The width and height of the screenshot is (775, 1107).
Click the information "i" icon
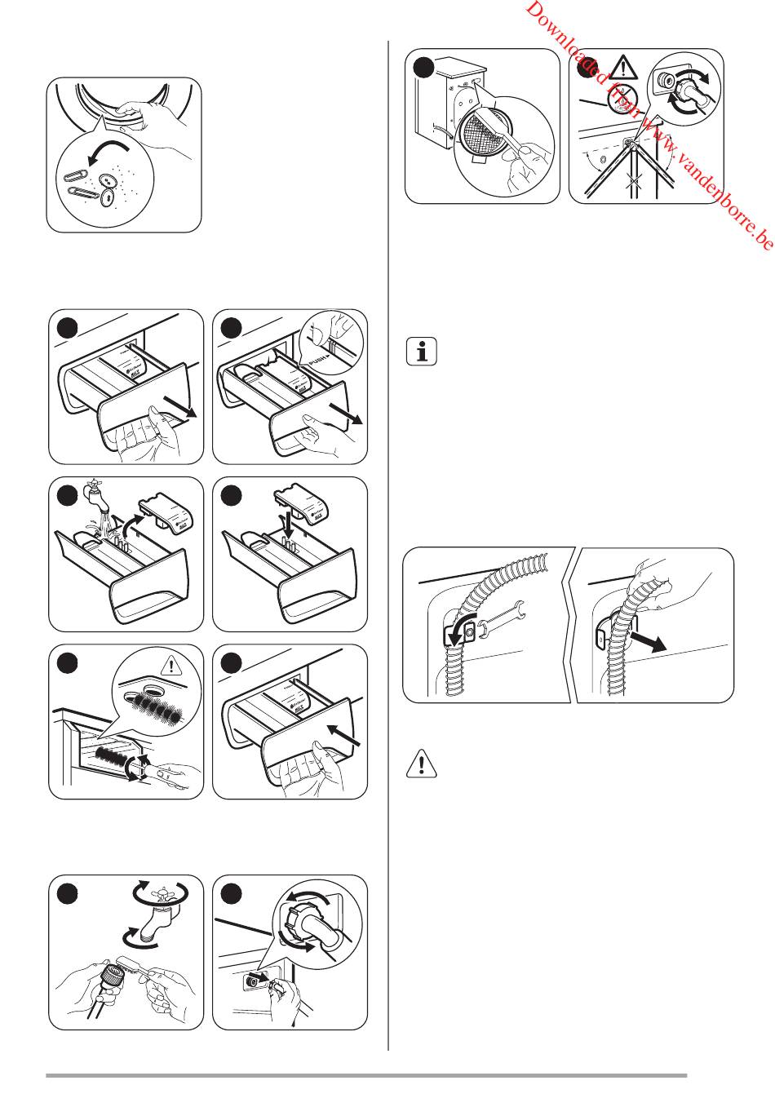pyautogui.click(x=421, y=352)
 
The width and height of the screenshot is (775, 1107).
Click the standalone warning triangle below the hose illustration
pyautogui.click(x=421, y=762)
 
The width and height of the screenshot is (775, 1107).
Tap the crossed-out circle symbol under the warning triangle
pyautogui.click(x=622, y=103)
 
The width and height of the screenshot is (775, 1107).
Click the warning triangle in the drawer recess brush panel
pyautogui.click(x=172, y=665)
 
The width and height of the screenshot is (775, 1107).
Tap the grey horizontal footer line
pyautogui.click(x=366, y=1076)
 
